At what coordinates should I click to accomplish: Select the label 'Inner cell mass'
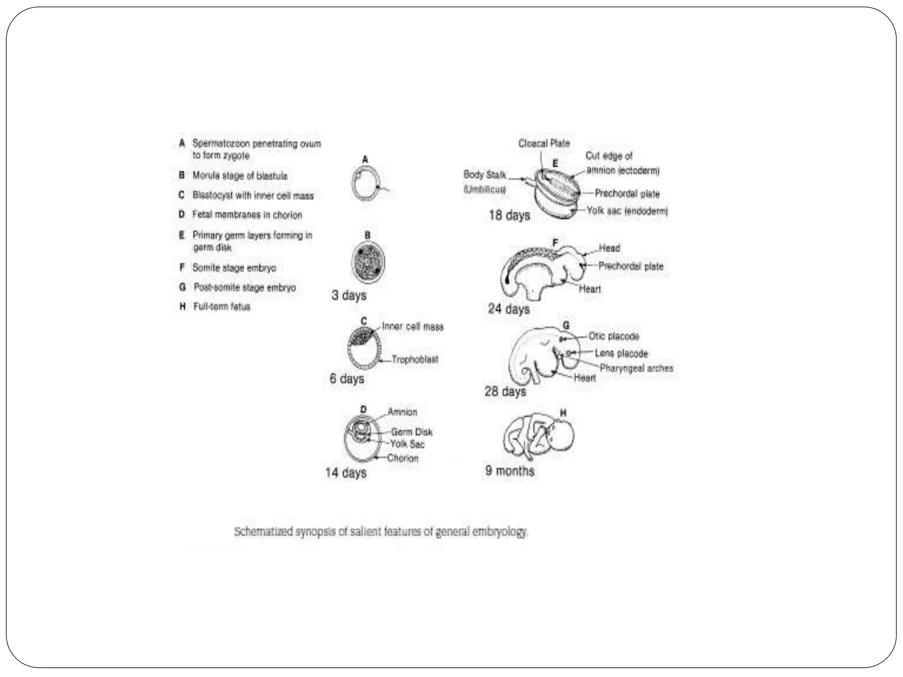pyautogui.click(x=412, y=327)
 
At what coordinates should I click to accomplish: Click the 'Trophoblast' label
pyautogui.click(x=414, y=360)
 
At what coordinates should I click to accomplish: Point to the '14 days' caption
pyautogui.click(x=346, y=473)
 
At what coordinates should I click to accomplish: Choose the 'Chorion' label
pyautogui.click(x=403, y=458)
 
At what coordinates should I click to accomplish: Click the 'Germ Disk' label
pyautogui.click(x=411, y=432)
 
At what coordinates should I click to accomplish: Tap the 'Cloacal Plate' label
pyautogui.click(x=544, y=143)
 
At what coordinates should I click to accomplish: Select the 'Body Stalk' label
pyautogui.click(x=485, y=175)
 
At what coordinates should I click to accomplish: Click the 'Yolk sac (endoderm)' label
pyautogui.click(x=627, y=211)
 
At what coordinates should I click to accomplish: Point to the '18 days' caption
pyautogui.click(x=509, y=216)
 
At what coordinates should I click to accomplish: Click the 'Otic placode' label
pyautogui.click(x=614, y=336)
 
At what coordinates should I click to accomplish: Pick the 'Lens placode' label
pyautogui.click(x=621, y=353)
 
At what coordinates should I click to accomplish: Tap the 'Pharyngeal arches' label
pyautogui.click(x=636, y=368)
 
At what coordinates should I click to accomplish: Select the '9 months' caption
pyautogui.click(x=510, y=471)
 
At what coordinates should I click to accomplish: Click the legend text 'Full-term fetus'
pyautogui.click(x=222, y=307)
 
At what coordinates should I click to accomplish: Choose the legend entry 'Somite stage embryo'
pyautogui.click(x=234, y=268)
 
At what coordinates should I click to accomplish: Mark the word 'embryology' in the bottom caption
pyautogui.click(x=499, y=532)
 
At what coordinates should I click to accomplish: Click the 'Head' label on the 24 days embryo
pyautogui.click(x=609, y=248)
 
